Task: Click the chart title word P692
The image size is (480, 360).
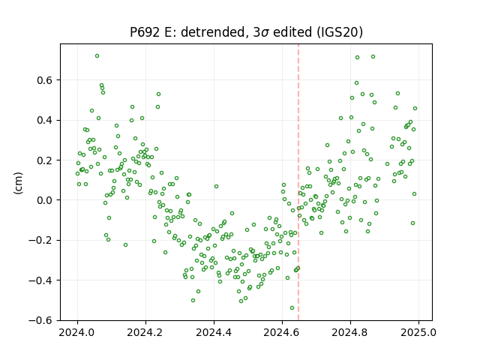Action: (145, 32)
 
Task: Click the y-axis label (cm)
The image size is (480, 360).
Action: (18, 183)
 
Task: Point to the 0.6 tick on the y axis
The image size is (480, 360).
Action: (45, 80)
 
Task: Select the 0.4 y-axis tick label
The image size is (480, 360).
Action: (45, 120)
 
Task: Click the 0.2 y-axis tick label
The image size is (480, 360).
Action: (45, 160)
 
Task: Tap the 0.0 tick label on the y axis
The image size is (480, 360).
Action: (45, 200)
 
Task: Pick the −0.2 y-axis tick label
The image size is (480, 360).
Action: (40, 240)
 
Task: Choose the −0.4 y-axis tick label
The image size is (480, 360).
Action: (40, 280)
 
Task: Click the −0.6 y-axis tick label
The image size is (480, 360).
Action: (40, 320)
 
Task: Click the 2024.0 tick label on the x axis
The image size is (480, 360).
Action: (77, 332)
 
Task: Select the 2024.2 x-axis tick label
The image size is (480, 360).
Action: (145, 332)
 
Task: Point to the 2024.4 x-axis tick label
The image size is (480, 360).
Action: (214, 332)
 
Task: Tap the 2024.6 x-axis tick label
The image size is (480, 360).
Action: (282, 332)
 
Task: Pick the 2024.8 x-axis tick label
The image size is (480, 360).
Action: (350, 332)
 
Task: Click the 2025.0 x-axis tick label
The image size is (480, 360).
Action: (418, 332)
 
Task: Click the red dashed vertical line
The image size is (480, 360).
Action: (298, 182)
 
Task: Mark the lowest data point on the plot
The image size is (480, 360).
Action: (292, 308)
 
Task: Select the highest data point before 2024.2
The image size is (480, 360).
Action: (97, 56)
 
